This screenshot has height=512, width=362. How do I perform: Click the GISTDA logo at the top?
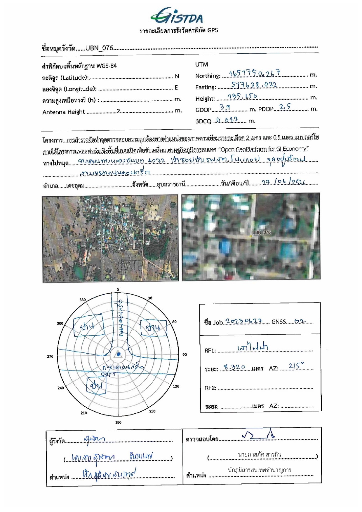[177, 16]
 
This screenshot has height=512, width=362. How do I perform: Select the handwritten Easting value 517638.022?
[254, 85]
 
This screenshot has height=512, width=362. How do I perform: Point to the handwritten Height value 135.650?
[242, 96]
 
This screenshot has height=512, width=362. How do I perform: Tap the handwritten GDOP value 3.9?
[225, 107]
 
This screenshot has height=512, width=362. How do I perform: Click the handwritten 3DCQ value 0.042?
[227, 120]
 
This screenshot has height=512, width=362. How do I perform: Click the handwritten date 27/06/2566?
[283, 183]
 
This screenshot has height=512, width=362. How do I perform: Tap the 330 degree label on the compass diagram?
[83, 300]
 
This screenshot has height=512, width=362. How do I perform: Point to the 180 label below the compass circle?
[118, 422]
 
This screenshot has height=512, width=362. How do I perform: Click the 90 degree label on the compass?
[185, 354]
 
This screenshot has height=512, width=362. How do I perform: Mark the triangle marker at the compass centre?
[118, 354]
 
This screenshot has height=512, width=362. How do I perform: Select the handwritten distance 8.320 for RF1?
[235, 367]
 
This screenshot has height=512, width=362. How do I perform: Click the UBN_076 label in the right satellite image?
[261, 233]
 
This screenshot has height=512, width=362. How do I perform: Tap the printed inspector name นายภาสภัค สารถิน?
[260, 455]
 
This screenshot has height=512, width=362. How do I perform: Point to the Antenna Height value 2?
[118, 111]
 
